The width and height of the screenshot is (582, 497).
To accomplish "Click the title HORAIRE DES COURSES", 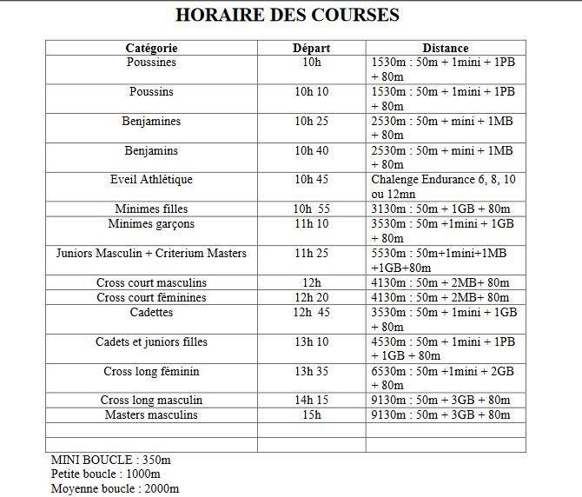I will click(288, 15).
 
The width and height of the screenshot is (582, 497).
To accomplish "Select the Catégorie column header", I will click(151, 48).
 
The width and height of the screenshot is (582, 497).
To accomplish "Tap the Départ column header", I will click(311, 48).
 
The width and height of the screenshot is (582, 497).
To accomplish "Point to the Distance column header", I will click(445, 48).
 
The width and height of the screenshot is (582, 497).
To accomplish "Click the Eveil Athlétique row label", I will click(151, 180).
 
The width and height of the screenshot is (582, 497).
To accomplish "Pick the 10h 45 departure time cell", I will click(311, 180).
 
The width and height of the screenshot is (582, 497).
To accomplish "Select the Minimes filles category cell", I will click(151, 209).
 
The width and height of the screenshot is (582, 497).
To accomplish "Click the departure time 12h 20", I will click(311, 297).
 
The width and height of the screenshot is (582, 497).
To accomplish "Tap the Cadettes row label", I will click(151, 312).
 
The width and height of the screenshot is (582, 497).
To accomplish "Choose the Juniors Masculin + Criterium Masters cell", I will click(151, 254).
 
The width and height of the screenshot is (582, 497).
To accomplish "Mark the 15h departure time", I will click(311, 414).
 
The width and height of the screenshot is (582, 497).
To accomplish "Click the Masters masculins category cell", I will click(151, 414).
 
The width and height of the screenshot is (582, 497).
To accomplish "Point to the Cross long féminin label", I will click(151, 371).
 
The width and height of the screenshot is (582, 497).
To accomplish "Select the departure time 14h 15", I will click(311, 400).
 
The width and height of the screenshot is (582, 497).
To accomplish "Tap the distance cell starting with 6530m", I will click(443, 378).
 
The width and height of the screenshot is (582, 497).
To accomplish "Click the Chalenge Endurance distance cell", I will click(443, 187).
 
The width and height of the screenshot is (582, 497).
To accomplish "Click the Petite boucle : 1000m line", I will click(105, 474).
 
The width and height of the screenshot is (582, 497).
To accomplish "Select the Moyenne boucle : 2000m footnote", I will click(115, 488).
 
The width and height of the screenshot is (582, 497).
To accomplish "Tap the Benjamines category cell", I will click(151, 121).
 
